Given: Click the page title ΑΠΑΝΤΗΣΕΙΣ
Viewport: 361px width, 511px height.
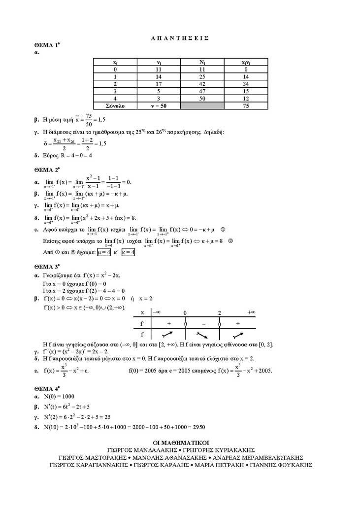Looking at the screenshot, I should coord(180,37).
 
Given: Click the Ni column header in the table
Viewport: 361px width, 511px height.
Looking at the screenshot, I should coord(202,63).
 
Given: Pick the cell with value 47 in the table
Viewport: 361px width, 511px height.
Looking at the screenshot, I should coord(202,91).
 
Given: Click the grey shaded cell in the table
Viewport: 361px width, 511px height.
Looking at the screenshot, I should coord(202,105).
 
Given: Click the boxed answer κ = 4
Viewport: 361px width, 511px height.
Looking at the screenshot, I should coord(128,252).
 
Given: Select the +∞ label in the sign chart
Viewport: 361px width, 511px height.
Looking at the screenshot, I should coord(251,312).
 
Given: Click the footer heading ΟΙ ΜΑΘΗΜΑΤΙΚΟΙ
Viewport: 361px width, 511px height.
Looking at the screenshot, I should coord(180,443).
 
